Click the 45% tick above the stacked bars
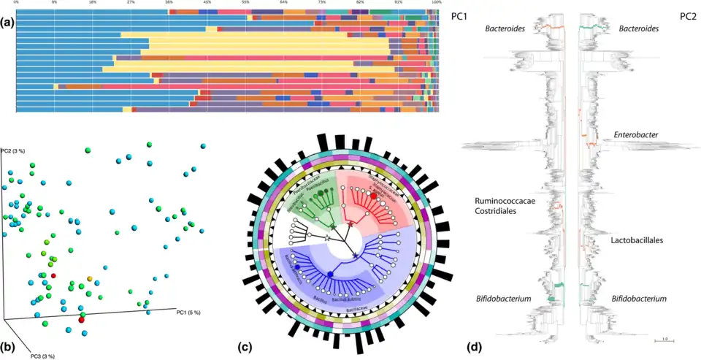pyautogui.click(x=207, y=3)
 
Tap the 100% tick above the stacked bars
pyautogui.click(x=437, y=3)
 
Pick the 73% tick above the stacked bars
pyautogui.click(x=322, y=3)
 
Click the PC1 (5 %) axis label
pyautogui.click(x=189, y=313)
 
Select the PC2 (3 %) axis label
pyautogui.click(x=14, y=150)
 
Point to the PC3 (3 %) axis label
pyautogui.click(x=42, y=356)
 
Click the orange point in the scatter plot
pyautogui.click(x=90, y=278)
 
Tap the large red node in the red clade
pyautogui.click(x=374, y=196)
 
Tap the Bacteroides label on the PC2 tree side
pyautogui.click(x=634, y=28)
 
